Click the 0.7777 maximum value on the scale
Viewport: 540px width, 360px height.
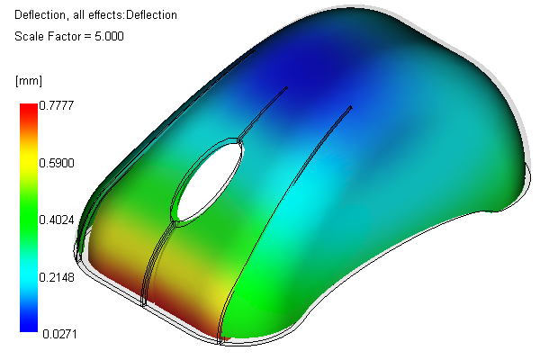(x=57, y=105)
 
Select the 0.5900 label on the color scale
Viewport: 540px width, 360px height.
(x=57, y=163)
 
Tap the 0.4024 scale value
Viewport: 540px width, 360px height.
(x=57, y=220)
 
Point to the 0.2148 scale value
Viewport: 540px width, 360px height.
(x=57, y=277)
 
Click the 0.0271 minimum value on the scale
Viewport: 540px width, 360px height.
(x=59, y=334)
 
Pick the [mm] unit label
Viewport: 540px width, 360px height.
(x=29, y=81)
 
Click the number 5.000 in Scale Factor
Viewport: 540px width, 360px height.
(x=109, y=36)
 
